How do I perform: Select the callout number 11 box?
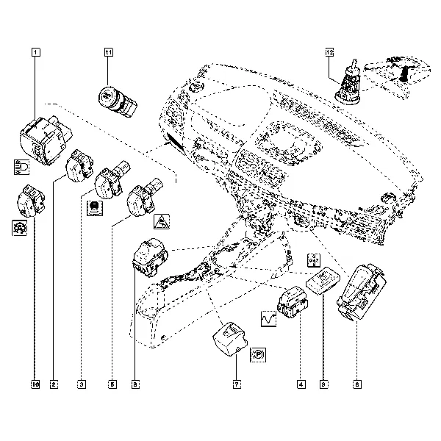click(109, 52)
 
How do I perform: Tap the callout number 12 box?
click(329, 52)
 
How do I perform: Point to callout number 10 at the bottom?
click(35, 384)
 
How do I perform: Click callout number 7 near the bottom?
click(237, 384)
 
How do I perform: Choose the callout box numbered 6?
click(356, 384)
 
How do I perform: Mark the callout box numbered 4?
click(300, 384)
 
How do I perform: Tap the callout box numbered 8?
click(134, 384)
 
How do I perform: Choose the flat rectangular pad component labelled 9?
click(320, 281)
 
